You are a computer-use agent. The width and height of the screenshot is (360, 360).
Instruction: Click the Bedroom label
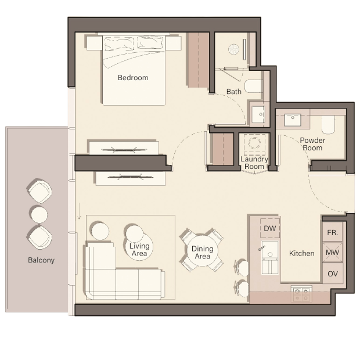(133, 78)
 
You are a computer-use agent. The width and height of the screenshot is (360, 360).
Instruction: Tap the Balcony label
(41, 260)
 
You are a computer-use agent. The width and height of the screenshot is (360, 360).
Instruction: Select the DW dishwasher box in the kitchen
(270, 228)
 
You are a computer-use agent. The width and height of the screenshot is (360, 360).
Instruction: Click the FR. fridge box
(333, 233)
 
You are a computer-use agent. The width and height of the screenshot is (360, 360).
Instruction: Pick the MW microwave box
(333, 253)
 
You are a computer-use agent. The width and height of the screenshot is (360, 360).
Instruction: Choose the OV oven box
(333, 273)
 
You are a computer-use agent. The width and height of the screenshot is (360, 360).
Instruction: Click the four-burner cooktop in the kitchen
(301, 294)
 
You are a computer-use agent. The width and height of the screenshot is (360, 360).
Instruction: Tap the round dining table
(202, 251)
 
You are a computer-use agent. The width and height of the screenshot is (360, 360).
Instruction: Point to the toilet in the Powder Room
(328, 125)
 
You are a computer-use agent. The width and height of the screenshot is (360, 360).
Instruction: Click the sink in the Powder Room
(293, 120)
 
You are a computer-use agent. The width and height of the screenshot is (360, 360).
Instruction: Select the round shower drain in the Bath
(234, 49)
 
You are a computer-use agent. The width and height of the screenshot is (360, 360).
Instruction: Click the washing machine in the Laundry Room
(254, 145)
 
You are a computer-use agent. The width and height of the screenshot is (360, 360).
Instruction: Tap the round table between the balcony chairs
(39, 214)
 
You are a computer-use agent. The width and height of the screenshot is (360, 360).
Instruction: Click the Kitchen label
(301, 253)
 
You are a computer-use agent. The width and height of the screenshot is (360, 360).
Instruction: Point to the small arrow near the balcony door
(80, 211)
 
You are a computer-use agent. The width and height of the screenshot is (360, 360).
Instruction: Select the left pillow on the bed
(119, 44)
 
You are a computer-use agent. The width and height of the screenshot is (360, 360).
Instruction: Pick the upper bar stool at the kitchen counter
(242, 267)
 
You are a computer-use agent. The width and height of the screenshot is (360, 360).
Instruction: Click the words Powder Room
(312, 144)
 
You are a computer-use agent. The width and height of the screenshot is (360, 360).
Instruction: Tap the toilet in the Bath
(254, 86)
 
